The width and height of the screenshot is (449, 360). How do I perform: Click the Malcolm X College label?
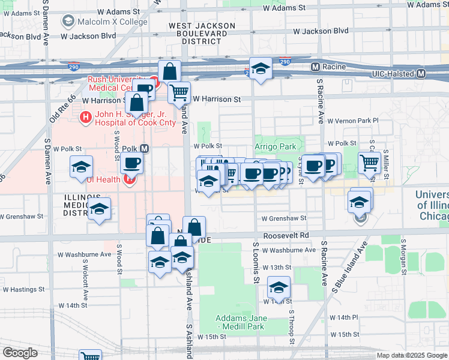106,22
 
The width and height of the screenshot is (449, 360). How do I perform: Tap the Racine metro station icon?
315,65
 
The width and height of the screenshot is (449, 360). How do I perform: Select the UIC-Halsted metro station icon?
421,74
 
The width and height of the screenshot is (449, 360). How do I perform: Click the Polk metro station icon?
144,148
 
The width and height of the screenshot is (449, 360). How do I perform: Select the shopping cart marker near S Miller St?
369,161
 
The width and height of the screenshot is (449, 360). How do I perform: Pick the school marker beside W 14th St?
279,287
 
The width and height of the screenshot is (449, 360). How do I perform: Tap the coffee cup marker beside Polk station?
131,162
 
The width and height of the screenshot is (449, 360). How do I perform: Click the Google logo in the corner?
19,353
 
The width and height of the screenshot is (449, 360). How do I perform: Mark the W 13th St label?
276,267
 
